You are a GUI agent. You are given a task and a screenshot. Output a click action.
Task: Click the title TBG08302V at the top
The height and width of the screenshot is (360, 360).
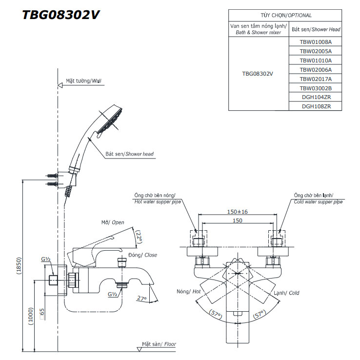click(61, 15)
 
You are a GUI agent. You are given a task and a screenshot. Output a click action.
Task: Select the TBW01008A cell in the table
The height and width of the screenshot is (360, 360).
click(316, 42)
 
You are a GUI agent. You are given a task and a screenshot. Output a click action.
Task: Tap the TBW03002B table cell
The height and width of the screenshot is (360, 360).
click(316, 88)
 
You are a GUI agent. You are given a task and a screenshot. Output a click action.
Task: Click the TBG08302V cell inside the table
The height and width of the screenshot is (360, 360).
click(258, 74)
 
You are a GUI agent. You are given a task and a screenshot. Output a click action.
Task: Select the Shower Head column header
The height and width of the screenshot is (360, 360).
click(316, 29)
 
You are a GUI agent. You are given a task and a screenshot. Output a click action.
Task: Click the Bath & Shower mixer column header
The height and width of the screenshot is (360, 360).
click(258, 29)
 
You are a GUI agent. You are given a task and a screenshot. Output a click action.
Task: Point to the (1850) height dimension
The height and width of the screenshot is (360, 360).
click(19, 266)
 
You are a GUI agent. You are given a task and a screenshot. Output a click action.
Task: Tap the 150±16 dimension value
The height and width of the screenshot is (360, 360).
click(238, 212)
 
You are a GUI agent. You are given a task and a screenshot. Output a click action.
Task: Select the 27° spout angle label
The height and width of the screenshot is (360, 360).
click(141, 298)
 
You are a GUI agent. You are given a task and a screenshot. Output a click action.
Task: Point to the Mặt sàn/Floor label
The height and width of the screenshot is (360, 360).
click(159, 344)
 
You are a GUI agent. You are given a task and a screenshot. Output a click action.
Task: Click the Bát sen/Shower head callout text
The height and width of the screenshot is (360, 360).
click(129, 154)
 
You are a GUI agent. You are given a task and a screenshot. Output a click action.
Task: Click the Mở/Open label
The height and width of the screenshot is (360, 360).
click(113, 222)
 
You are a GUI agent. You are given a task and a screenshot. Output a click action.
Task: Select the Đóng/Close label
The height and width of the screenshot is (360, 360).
click(143, 255)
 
